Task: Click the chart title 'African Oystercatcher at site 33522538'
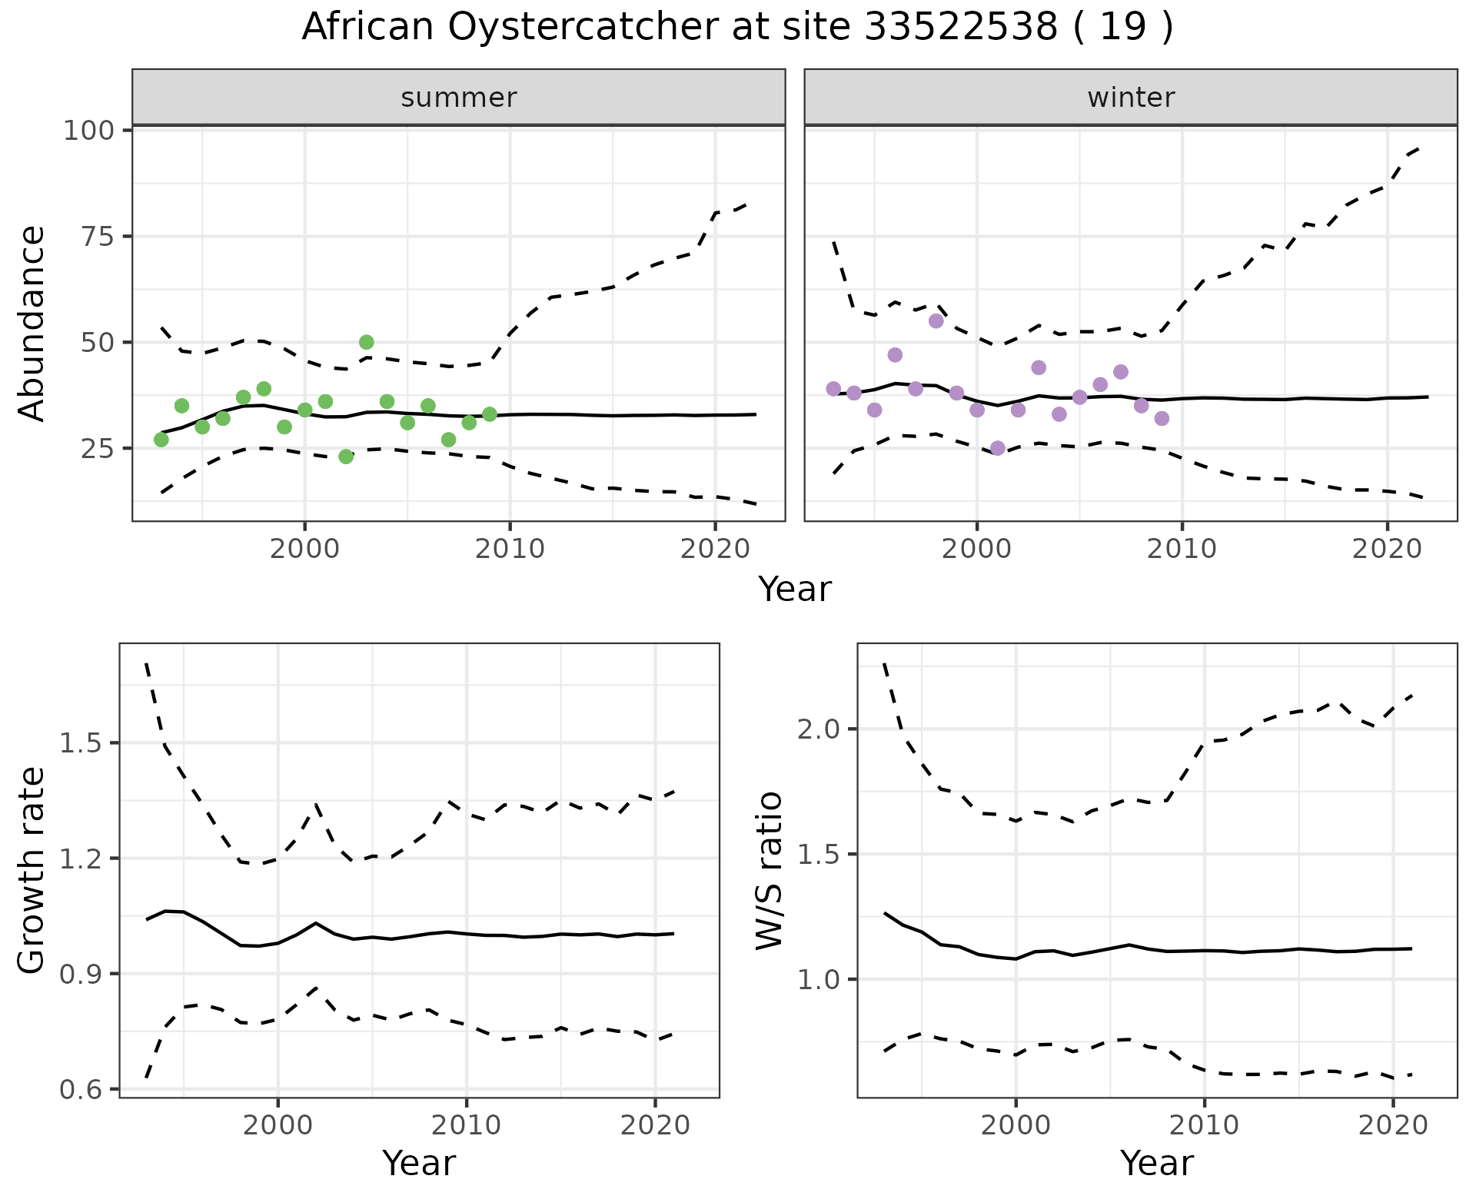point(736,28)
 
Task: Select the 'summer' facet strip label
point(459,98)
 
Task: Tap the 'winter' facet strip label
point(1131,98)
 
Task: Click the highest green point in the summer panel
point(367,342)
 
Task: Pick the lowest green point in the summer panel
point(346,457)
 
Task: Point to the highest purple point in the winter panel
point(936,321)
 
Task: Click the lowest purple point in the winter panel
point(998,448)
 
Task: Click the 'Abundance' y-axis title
point(32,323)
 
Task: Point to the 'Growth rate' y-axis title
point(32,870)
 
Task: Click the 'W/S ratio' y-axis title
point(769,870)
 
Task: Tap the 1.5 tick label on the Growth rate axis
point(81,743)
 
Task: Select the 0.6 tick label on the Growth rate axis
point(81,1090)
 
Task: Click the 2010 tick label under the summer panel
point(510,550)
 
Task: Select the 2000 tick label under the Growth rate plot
point(278,1126)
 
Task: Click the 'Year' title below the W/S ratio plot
point(1156,1164)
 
